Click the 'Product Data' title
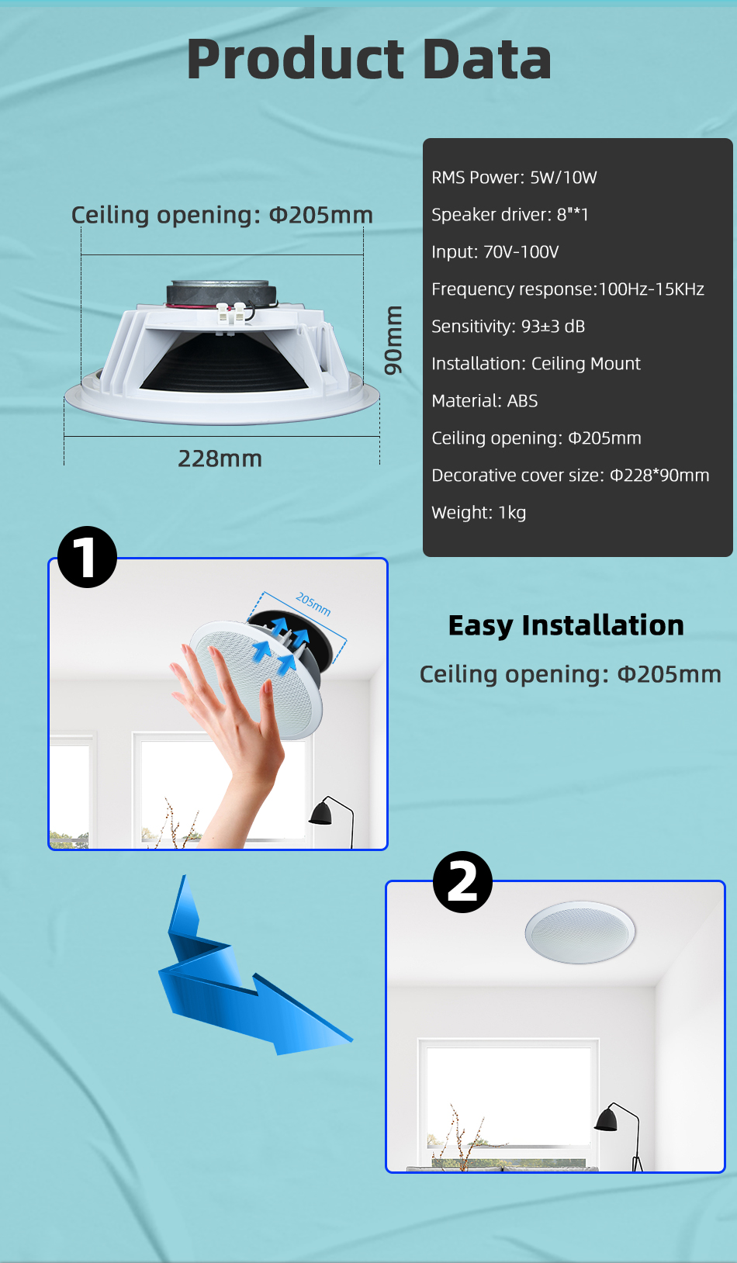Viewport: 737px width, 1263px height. tap(368, 59)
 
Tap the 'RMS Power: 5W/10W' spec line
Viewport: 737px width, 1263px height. tap(514, 178)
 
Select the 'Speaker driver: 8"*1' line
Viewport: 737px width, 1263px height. tap(510, 215)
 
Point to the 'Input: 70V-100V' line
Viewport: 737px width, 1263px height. tap(494, 252)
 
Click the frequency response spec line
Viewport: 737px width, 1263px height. tap(568, 289)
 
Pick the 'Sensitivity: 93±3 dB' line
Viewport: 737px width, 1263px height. tap(508, 327)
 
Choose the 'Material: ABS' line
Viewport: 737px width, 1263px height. tap(484, 401)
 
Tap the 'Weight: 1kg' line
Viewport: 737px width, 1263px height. tap(479, 513)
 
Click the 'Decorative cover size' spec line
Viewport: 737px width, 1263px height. tap(570, 476)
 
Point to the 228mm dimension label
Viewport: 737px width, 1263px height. tap(220, 459)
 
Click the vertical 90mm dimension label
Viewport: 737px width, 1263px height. tap(393, 340)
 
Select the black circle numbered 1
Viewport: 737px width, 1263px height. tap(87, 556)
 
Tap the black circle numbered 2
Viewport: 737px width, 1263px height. tap(462, 882)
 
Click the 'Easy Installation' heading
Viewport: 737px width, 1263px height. tap(566, 625)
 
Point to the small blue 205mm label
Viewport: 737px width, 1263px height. tap(313, 604)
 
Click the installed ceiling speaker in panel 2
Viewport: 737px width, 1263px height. tap(580, 932)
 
